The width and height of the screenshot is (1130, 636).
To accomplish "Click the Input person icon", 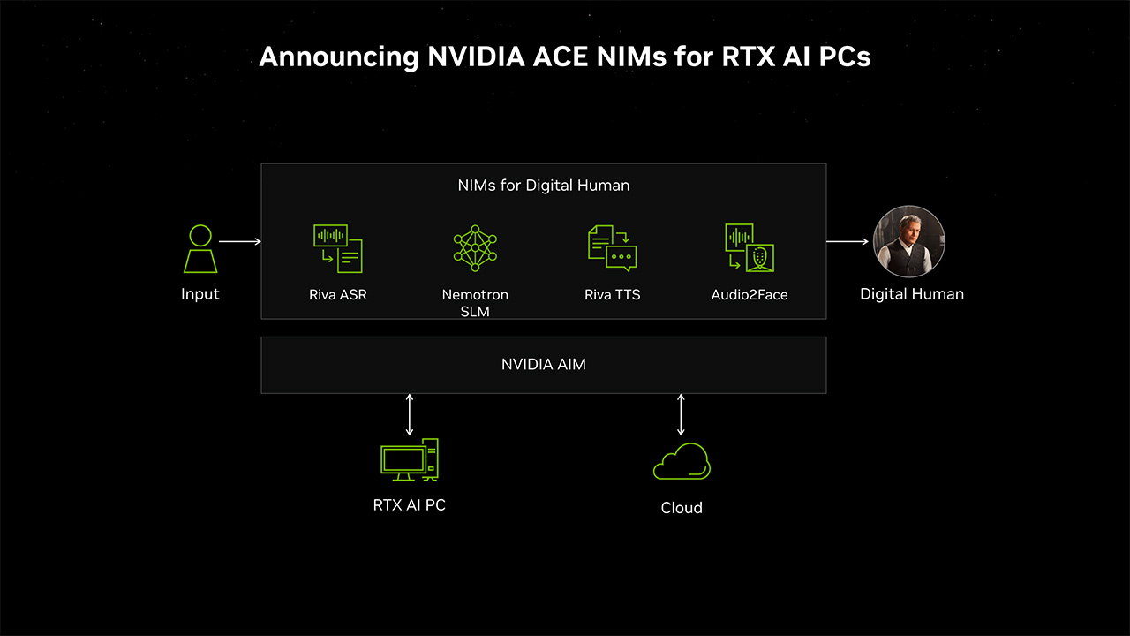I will (200, 249).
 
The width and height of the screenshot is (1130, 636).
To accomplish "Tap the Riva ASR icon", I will (338, 248).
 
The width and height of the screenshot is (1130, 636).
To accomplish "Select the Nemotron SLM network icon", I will (475, 248).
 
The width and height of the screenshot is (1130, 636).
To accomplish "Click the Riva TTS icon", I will (613, 248).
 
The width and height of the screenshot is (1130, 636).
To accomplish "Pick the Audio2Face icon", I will (749, 248).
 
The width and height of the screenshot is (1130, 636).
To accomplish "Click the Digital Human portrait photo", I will (909, 242).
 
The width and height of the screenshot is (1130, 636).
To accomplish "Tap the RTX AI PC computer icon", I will (409, 460).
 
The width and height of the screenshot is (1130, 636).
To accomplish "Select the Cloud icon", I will (682, 462).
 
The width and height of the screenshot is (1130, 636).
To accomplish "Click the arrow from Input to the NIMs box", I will (239, 241).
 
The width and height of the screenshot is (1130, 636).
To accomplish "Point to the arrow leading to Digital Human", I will (847, 241).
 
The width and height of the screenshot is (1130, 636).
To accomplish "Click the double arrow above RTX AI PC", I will (409, 414).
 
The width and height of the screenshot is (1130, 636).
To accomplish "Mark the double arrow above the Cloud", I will (681, 414).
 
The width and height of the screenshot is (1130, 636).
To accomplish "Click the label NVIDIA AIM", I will (543, 364).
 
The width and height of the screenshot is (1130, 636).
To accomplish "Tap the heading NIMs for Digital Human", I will (543, 185).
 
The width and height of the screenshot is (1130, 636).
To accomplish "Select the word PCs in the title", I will (842, 57).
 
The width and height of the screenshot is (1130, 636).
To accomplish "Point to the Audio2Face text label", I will (749, 295).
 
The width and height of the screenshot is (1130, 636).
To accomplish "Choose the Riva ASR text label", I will (338, 295).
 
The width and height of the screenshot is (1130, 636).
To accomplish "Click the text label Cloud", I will (682, 508).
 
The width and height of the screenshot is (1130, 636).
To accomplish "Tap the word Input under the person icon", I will (200, 294).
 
